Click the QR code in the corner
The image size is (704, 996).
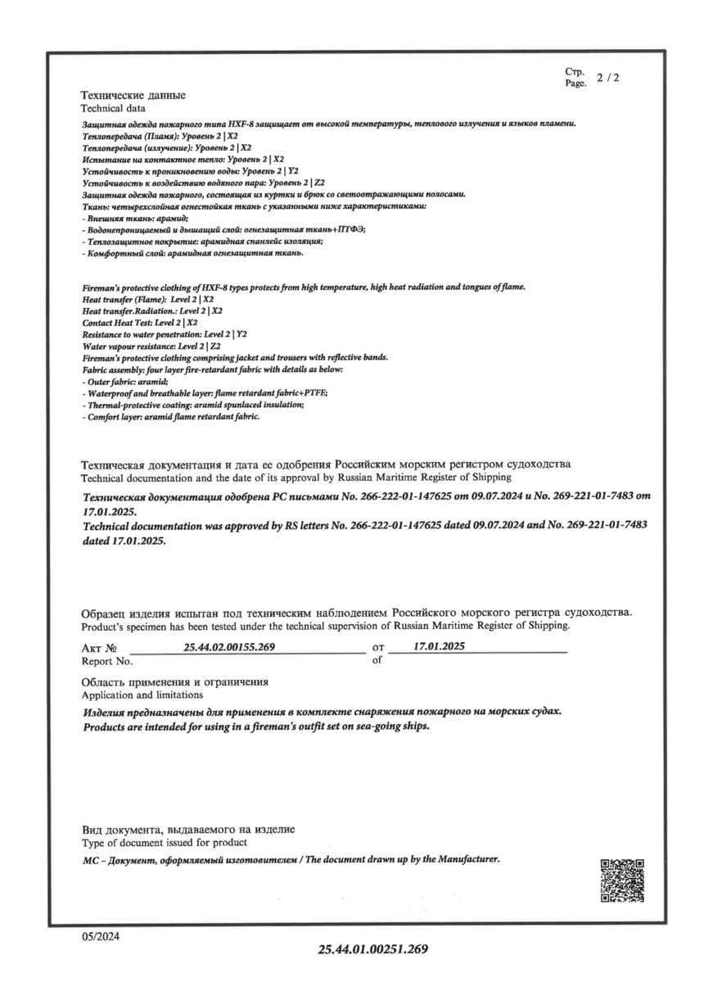click(622, 881)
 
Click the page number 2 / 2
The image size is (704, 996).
click(608, 78)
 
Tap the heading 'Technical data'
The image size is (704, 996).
click(113, 108)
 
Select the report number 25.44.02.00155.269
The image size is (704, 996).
click(229, 647)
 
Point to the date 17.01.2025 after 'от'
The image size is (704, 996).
click(440, 646)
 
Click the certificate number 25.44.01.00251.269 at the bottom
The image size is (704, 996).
click(373, 949)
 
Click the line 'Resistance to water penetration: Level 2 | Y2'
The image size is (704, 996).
click(165, 335)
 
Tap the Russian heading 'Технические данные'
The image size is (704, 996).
click(133, 96)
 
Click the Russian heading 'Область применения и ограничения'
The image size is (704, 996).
click(175, 681)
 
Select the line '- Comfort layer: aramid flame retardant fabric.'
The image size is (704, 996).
click(171, 417)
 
